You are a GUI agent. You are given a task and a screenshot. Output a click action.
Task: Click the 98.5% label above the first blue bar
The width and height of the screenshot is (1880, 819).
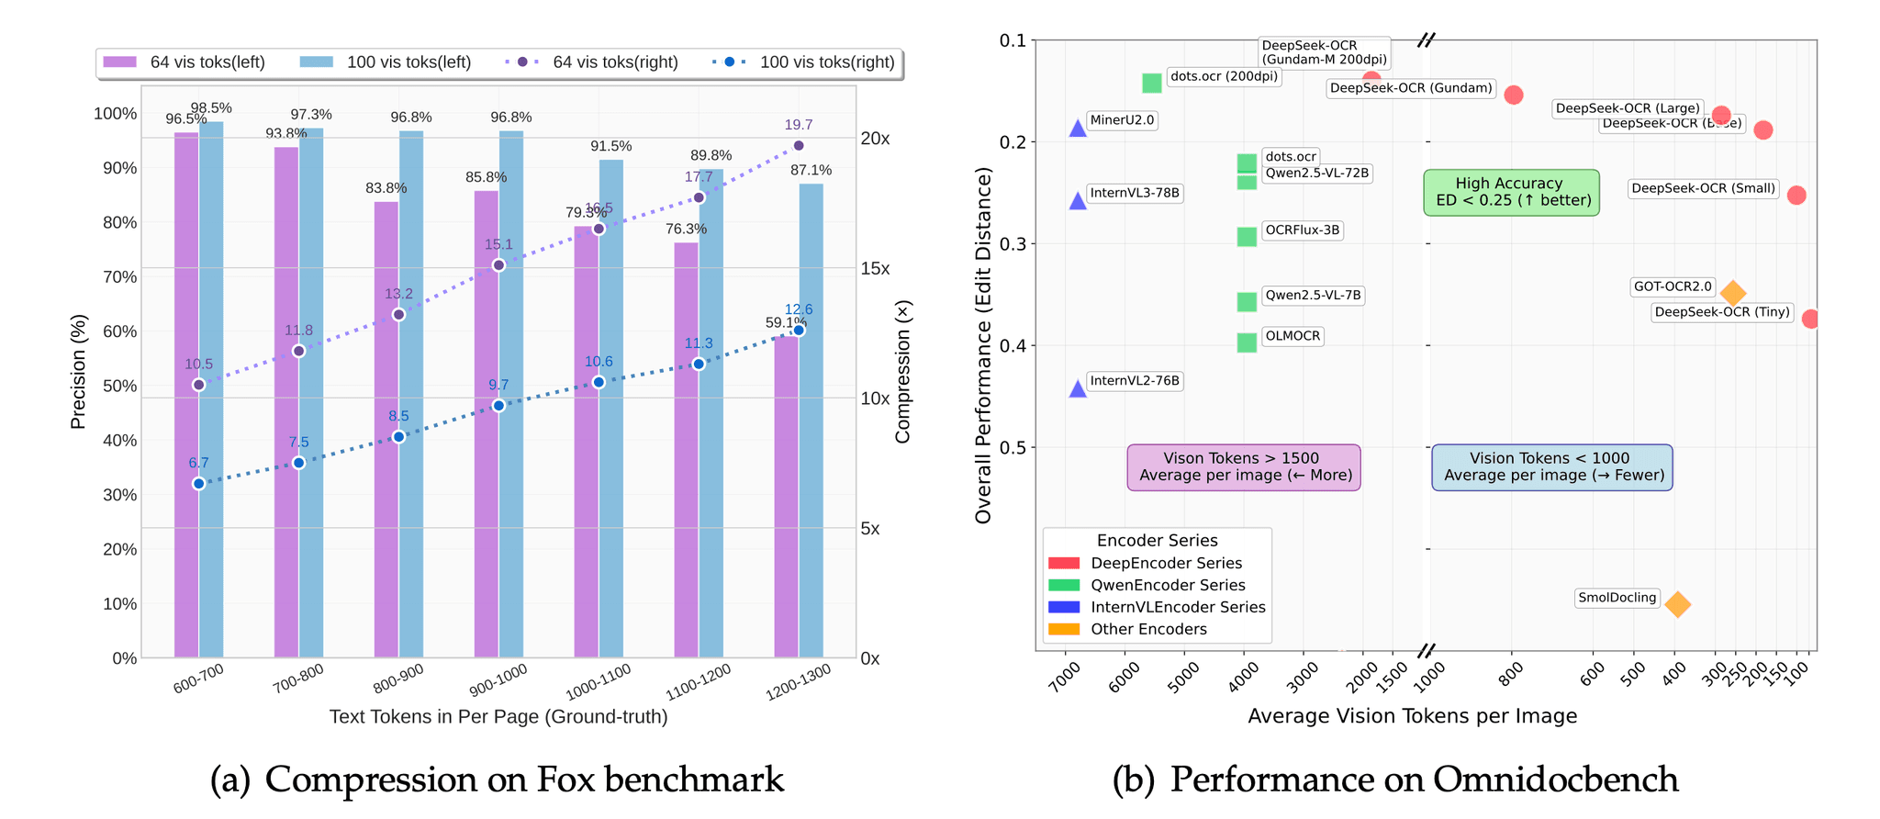click(211, 108)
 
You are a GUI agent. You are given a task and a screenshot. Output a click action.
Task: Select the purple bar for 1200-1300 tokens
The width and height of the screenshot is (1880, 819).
click(786, 496)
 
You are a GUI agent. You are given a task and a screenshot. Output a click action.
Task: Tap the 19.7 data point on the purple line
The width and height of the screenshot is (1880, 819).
click(799, 146)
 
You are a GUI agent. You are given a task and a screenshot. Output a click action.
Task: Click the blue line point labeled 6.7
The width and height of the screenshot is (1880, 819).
click(199, 484)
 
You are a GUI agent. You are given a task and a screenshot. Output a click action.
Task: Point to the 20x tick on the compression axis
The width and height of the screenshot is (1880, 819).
click(875, 139)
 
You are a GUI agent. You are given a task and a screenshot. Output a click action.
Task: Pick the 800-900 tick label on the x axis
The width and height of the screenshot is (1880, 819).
click(398, 679)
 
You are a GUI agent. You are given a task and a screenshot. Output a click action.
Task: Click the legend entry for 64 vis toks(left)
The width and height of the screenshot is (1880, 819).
click(184, 62)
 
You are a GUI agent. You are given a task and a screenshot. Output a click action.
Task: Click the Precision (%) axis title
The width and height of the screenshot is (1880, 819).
click(79, 372)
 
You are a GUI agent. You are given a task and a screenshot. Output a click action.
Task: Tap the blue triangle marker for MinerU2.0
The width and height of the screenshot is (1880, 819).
click(1078, 129)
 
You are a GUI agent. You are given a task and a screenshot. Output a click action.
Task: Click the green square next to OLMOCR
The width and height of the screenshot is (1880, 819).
click(1247, 342)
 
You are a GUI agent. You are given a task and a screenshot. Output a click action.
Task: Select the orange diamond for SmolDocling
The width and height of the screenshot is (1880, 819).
click(1677, 604)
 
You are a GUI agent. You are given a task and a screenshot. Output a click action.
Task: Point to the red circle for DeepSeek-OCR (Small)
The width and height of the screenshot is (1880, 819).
click(1796, 196)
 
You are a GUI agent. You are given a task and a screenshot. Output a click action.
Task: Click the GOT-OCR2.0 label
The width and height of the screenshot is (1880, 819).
click(1673, 286)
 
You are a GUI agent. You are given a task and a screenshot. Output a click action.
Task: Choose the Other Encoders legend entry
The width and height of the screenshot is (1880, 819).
click(1147, 629)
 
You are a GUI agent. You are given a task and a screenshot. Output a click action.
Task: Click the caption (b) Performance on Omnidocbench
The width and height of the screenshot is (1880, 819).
click(1395, 780)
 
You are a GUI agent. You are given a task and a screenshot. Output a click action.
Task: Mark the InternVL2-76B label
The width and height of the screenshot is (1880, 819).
click(1134, 381)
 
